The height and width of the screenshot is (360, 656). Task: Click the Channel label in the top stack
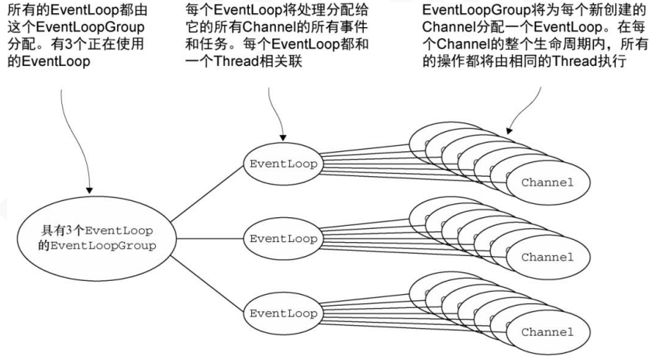tap(547, 182)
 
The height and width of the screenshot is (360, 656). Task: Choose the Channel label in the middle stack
tap(547, 257)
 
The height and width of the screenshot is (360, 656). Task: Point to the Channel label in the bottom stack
tap(547, 332)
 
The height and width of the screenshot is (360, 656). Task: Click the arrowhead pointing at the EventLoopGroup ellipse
tap(89, 190)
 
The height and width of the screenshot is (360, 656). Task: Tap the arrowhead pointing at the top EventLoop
tap(283, 138)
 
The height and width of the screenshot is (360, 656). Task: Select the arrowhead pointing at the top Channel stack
tap(509, 130)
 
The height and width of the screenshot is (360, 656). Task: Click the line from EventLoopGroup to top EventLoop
tap(208, 192)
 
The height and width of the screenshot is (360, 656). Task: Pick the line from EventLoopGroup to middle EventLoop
tap(210, 239)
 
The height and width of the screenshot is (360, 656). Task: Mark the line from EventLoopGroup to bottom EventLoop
tap(208, 284)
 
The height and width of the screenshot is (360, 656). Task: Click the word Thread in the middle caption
tap(237, 61)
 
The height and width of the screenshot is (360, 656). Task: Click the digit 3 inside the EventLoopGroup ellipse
tap(69, 230)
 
